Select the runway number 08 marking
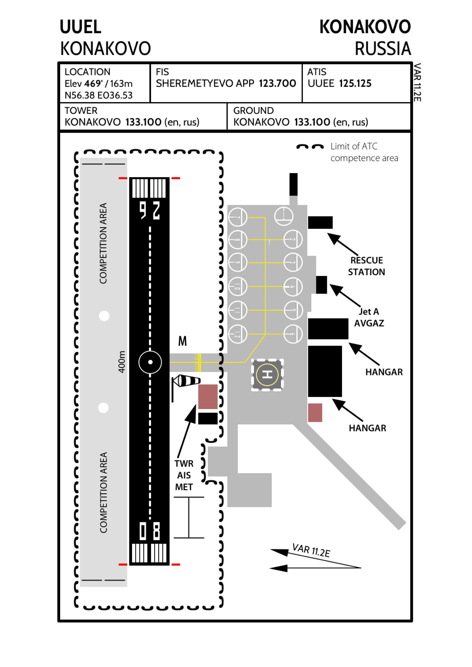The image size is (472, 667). [x=150, y=531]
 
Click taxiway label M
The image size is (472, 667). [x=183, y=341]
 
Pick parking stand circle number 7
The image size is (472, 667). [x=238, y=217]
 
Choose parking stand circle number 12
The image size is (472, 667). [x=238, y=334]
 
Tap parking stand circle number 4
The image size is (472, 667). [x=293, y=287]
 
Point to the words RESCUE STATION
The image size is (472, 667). [x=367, y=266]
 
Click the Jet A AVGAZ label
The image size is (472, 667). [x=369, y=317]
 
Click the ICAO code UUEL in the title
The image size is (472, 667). [x=81, y=27]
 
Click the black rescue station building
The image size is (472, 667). [x=320, y=223]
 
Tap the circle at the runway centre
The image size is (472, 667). [x=150, y=362]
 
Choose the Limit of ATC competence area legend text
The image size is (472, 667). [x=364, y=152]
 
